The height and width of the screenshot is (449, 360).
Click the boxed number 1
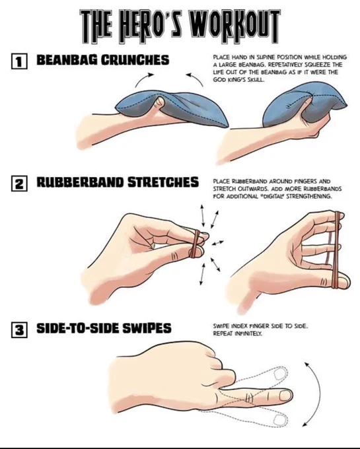point(19,61)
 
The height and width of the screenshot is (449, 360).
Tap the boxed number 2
point(19,184)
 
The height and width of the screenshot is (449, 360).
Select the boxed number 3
point(19,329)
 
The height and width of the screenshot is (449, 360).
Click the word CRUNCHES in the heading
point(135,60)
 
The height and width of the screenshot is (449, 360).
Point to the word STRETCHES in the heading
point(163,182)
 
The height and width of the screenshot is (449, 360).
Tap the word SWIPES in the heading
point(147,328)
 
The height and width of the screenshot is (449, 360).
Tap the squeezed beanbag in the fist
point(301,104)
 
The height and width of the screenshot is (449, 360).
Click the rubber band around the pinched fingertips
point(196,244)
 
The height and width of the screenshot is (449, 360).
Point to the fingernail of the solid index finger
point(285,396)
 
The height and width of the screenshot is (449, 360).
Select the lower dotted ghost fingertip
point(280,420)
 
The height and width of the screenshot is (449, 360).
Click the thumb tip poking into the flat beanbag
point(160,102)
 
